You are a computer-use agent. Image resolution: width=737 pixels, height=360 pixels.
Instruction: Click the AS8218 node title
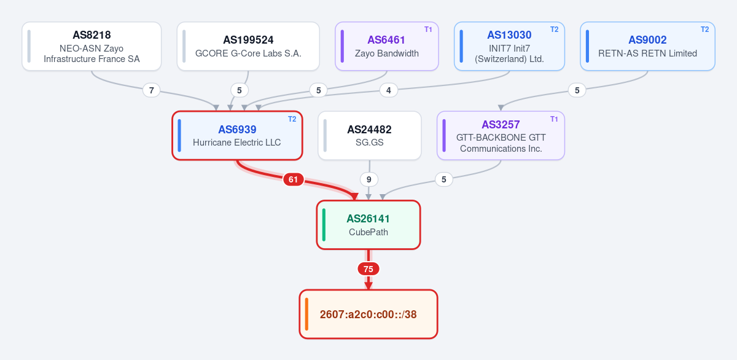(x=92, y=35)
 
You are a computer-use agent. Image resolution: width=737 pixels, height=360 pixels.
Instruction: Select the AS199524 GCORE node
(x=248, y=46)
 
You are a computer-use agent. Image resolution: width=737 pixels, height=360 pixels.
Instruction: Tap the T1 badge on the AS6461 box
(x=428, y=29)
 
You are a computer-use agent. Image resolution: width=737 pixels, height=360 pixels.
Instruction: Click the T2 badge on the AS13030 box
(x=555, y=29)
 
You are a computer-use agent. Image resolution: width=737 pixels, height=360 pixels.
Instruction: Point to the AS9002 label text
(x=647, y=40)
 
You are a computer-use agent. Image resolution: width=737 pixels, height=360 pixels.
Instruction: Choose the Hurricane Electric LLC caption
(x=237, y=143)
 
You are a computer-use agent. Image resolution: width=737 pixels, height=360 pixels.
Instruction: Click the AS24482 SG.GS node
(x=370, y=136)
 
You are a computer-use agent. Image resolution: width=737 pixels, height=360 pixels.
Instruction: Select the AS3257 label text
(x=501, y=125)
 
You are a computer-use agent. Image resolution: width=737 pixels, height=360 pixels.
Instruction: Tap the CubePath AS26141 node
(x=368, y=225)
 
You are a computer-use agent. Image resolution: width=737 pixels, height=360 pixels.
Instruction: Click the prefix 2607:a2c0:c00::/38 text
(x=368, y=315)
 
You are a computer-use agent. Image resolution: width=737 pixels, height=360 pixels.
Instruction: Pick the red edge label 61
(x=293, y=179)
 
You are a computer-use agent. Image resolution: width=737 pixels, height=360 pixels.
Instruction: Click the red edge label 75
(x=368, y=269)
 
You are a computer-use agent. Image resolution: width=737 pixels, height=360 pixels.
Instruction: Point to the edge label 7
(x=151, y=90)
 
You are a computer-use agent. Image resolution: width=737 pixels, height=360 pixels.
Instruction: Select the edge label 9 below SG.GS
(x=369, y=179)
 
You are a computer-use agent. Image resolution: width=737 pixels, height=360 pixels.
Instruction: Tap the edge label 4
(x=389, y=90)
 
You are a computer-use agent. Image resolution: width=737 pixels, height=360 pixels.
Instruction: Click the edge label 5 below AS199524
(x=239, y=90)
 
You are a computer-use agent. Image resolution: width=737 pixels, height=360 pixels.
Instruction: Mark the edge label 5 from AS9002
(x=577, y=90)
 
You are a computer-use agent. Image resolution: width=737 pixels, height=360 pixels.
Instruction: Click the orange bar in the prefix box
(x=306, y=314)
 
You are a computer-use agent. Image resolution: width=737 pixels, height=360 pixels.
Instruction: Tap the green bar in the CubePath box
(x=324, y=225)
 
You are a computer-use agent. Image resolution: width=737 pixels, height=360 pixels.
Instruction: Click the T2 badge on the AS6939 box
(x=292, y=119)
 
